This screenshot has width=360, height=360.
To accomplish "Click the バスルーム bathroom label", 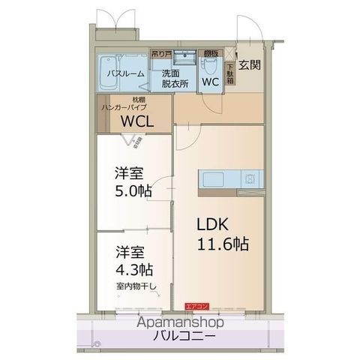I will (x=121, y=73).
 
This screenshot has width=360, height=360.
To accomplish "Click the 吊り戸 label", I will (x=160, y=54).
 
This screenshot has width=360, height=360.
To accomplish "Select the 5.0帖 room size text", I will (x=133, y=190).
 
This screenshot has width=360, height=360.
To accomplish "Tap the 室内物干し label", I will (x=134, y=286).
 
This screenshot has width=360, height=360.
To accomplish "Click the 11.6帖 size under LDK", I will (x=223, y=244).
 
